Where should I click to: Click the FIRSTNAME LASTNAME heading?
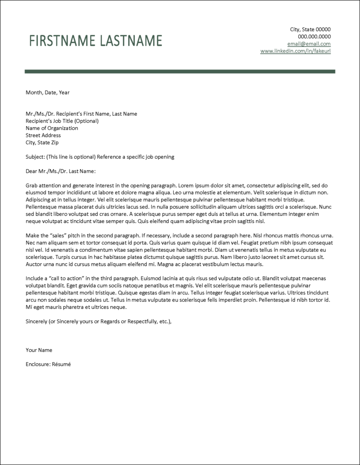click(95, 41)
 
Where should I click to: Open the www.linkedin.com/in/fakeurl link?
click(295, 51)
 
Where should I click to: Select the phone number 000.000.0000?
click(314, 37)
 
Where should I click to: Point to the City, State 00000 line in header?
click(310, 30)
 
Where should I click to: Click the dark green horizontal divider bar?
click(180, 71)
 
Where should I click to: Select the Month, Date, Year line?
click(48, 93)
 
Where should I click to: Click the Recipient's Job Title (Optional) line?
click(62, 121)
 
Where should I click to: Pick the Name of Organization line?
click(52, 128)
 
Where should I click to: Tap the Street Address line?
click(43, 135)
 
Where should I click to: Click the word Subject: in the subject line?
click(35, 157)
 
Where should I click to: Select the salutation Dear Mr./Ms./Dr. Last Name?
click(61, 172)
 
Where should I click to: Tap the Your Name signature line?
click(39, 350)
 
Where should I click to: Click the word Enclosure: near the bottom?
click(38, 364)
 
